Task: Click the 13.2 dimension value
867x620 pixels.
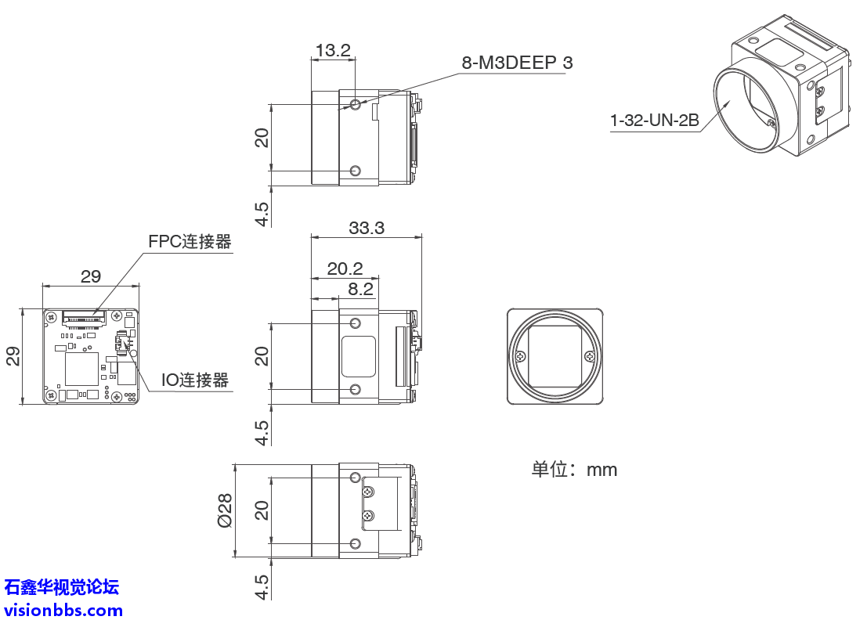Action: (x=333, y=51)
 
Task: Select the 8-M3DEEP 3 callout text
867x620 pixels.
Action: (x=517, y=63)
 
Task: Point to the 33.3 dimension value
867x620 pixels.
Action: (x=367, y=228)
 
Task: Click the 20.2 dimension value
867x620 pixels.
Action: (x=345, y=269)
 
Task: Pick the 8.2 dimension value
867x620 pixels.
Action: (x=360, y=289)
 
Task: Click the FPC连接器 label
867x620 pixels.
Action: (x=190, y=242)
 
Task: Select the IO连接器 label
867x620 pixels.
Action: (x=195, y=380)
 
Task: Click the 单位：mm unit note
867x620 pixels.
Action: (x=574, y=470)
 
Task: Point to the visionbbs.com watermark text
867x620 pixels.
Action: (x=63, y=610)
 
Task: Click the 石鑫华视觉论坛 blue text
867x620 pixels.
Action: (x=62, y=586)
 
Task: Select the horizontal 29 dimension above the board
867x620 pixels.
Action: (x=91, y=276)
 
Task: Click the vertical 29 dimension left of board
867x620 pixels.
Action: (x=13, y=356)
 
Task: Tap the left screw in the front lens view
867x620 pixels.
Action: (x=520, y=357)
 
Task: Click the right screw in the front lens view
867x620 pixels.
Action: (x=590, y=357)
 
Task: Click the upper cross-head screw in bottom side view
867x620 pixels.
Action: (x=368, y=492)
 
